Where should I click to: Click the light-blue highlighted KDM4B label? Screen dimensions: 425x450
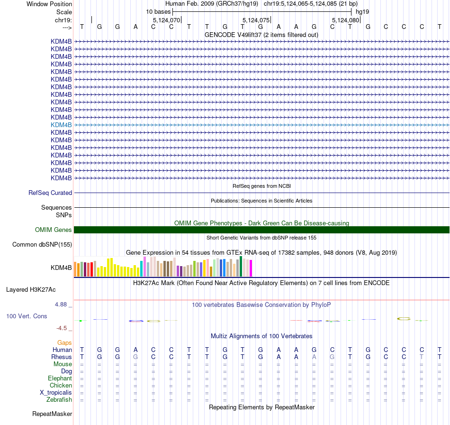coord(61,125)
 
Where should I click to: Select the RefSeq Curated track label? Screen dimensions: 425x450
coord(50,193)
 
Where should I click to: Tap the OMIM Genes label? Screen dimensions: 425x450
coord(54,230)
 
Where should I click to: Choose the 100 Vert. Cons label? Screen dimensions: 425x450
coord(27,316)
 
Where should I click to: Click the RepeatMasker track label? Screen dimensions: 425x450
coord(52,414)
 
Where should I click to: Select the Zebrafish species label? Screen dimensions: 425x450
coord(59,400)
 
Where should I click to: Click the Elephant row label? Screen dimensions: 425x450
coord(60,379)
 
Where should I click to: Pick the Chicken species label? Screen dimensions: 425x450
coord(61,386)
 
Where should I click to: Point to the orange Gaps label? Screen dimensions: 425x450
coord(64,342)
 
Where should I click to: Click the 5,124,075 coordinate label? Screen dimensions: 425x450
coord(256,20)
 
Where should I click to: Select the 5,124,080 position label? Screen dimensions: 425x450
coord(346,20)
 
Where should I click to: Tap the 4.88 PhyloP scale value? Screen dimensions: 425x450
coord(63,305)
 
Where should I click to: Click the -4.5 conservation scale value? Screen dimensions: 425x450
coord(65,328)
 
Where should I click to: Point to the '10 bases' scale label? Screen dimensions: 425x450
coord(158,11)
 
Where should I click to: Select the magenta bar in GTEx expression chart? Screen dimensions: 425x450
coord(251,268)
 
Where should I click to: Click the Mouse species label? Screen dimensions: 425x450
coord(63,364)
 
